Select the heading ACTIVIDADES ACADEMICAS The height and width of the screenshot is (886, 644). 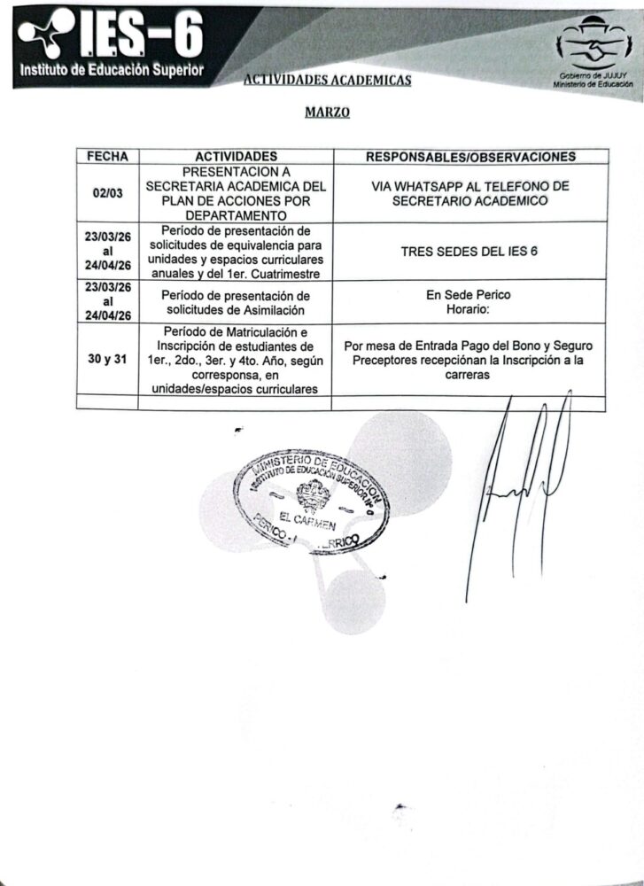327,81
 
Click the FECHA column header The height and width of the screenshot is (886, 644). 107,157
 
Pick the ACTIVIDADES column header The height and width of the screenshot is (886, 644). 236,157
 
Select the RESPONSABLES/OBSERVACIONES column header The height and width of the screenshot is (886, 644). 470,157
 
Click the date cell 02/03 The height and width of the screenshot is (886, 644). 107,193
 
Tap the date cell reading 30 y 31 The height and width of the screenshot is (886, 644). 107,360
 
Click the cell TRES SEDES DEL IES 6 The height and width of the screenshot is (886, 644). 470,252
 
